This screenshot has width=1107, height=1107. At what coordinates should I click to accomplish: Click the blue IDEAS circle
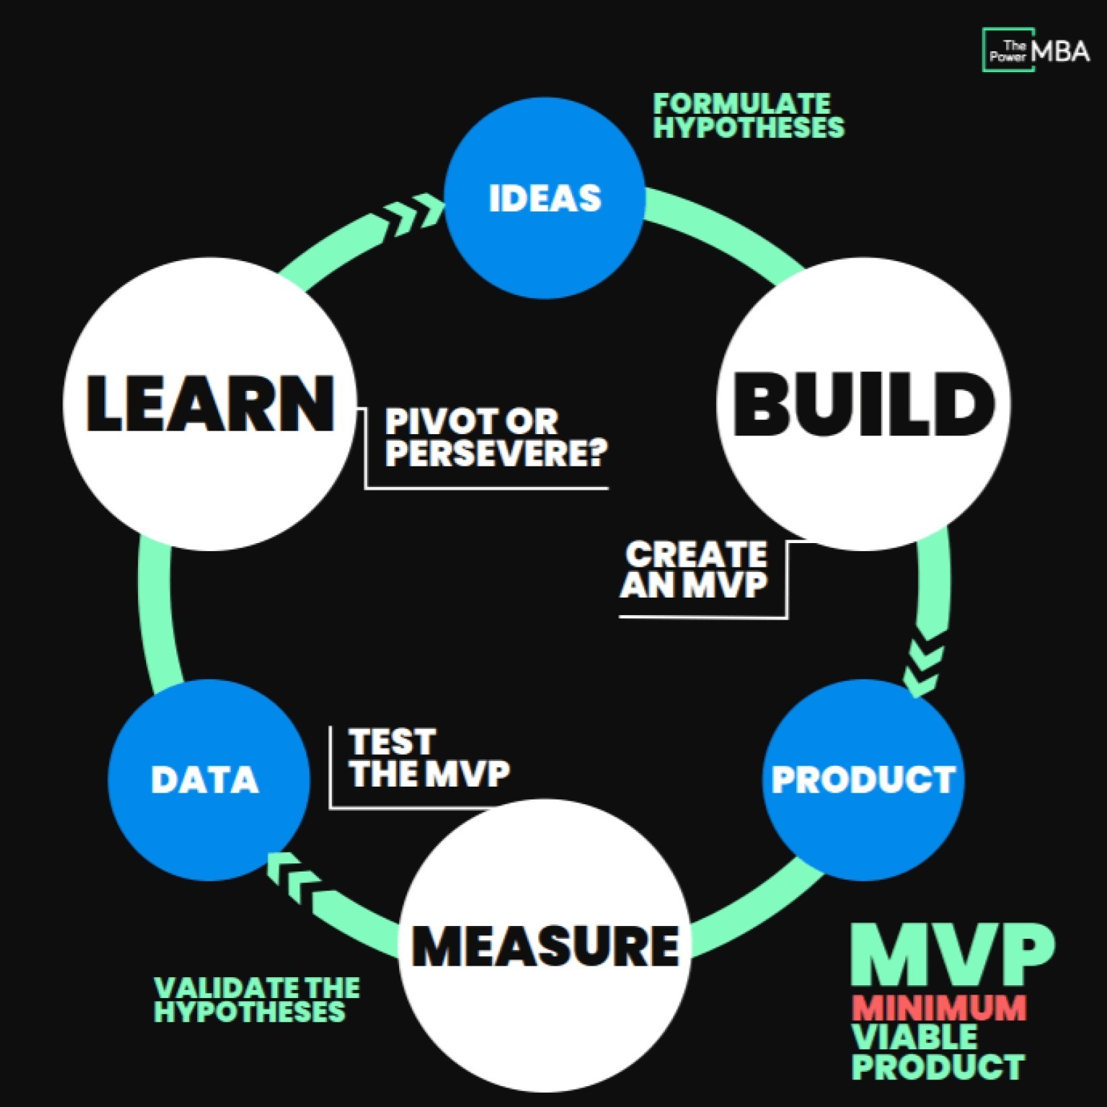pos(545,199)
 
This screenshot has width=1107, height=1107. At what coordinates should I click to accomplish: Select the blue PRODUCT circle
pos(864,779)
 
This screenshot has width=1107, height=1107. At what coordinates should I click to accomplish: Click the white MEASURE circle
pos(545,945)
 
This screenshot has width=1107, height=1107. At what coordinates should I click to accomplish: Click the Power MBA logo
pos(1036,50)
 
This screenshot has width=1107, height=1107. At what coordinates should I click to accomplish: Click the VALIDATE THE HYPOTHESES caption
pos(256,1000)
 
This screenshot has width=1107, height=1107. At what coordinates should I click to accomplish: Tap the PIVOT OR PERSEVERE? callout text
pos(495,437)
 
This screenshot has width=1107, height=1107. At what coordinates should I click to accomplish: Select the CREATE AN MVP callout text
pos(694,569)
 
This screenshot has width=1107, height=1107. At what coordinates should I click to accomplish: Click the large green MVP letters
pos(952,955)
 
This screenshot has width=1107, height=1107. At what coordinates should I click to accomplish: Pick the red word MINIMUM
pos(939,1007)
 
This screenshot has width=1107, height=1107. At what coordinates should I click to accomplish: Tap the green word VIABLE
pos(915,1037)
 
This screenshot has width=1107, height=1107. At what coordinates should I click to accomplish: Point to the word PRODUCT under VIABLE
pos(939,1067)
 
